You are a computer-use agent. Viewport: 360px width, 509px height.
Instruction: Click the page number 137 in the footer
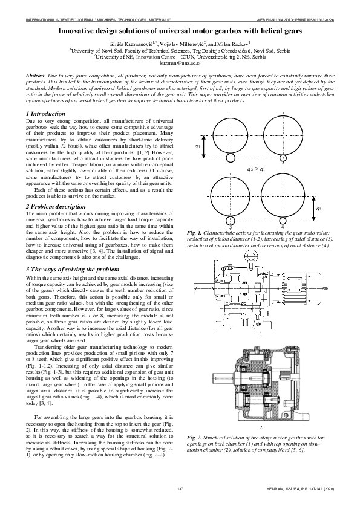(180, 488)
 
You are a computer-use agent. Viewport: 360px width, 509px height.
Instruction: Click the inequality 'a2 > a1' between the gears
(257, 170)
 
